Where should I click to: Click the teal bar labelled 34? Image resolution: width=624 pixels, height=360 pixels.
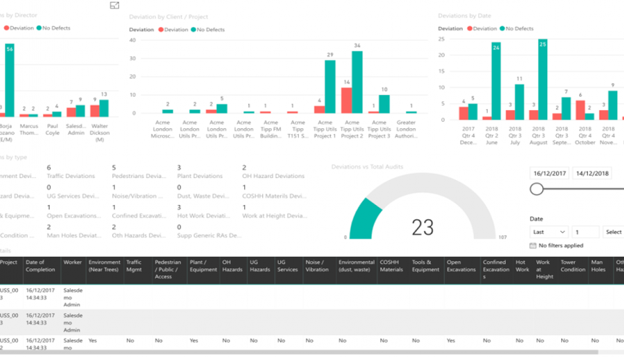coord(357,82)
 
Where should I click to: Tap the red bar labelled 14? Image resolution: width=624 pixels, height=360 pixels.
coord(346,100)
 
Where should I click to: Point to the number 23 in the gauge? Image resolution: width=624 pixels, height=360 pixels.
coord(422,226)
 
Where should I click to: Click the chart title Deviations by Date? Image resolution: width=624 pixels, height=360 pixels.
coord(464,15)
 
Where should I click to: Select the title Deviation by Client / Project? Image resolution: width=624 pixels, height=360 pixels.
coord(168,17)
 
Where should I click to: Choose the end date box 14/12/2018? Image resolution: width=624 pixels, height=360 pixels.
coord(593,173)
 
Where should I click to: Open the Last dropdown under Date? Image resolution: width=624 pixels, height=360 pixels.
coord(549,232)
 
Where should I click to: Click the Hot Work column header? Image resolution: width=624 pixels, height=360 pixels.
coord(522,266)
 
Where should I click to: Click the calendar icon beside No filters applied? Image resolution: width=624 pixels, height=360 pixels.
coord(533,246)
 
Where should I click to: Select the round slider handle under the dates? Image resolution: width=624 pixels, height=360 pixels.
coord(537,189)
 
